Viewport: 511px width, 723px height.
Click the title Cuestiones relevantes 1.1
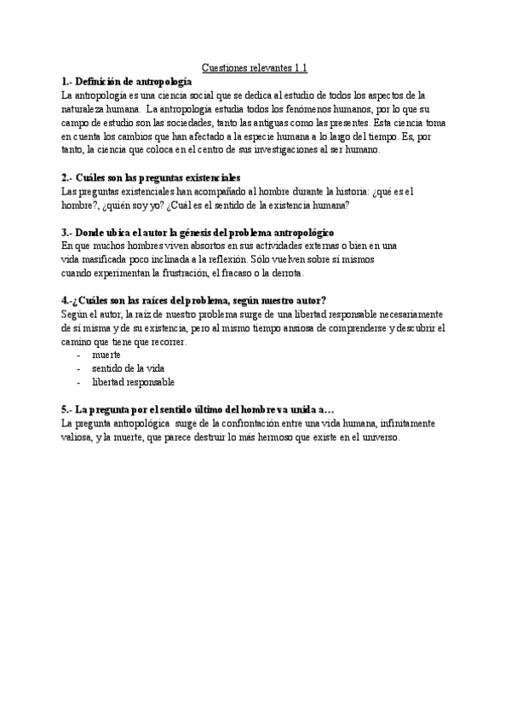[x=255, y=67]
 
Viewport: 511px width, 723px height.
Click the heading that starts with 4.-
[x=195, y=301]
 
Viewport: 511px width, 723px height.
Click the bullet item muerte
[x=106, y=355]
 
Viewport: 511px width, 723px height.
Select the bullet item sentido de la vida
[x=128, y=368]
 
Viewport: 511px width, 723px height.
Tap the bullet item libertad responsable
[x=134, y=382]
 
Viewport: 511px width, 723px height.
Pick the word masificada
[x=108, y=260]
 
